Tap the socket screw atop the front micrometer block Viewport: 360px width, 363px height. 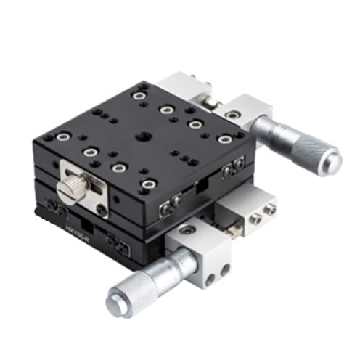pyautogui.click(x=187, y=231)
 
